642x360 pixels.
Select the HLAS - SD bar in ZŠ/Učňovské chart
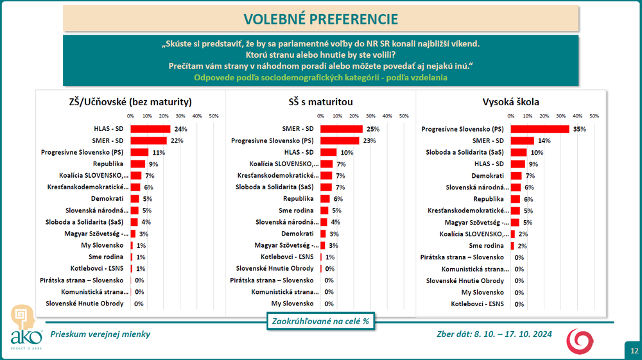click(150, 129)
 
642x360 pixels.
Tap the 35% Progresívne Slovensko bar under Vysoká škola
click(540, 129)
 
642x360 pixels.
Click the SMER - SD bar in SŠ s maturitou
click(341, 129)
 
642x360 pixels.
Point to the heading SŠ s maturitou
click(320, 101)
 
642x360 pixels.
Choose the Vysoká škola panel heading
click(510, 101)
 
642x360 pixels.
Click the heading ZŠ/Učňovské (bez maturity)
click(130, 101)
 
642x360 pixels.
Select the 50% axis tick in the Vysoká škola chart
click(594, 116)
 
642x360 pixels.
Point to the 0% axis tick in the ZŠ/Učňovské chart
click(130, 116)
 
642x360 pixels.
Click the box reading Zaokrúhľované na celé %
click(320, 321)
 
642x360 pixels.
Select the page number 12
click(633, 350)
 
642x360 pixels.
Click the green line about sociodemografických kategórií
click(320, 78)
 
